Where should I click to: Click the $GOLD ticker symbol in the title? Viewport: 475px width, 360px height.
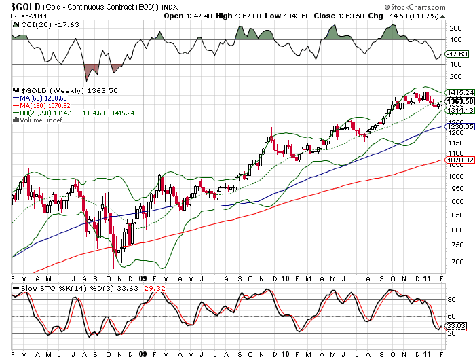pos(26,7)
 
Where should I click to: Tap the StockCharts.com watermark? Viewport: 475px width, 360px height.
pos(415,7)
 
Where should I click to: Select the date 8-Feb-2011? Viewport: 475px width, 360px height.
pos(28,16)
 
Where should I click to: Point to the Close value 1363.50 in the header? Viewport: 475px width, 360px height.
pos(351,16)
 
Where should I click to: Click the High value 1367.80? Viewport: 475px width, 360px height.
pos(249,16)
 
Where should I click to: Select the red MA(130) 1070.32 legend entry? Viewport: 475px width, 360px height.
pos(41,105)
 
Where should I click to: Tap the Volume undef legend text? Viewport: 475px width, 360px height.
pos(38,120)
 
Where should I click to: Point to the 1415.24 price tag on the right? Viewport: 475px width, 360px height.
pos(460,92)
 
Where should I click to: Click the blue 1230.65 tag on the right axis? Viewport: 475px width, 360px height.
pos(460,127)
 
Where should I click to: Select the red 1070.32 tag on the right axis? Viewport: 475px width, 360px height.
pos(460,160)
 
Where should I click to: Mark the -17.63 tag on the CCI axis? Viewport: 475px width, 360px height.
pos(458,54)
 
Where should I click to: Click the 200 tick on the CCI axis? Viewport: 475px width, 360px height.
pos(455,29)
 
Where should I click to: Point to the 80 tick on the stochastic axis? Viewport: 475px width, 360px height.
pos(451,300)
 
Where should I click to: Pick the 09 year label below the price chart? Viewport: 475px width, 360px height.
pos(142,278)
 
